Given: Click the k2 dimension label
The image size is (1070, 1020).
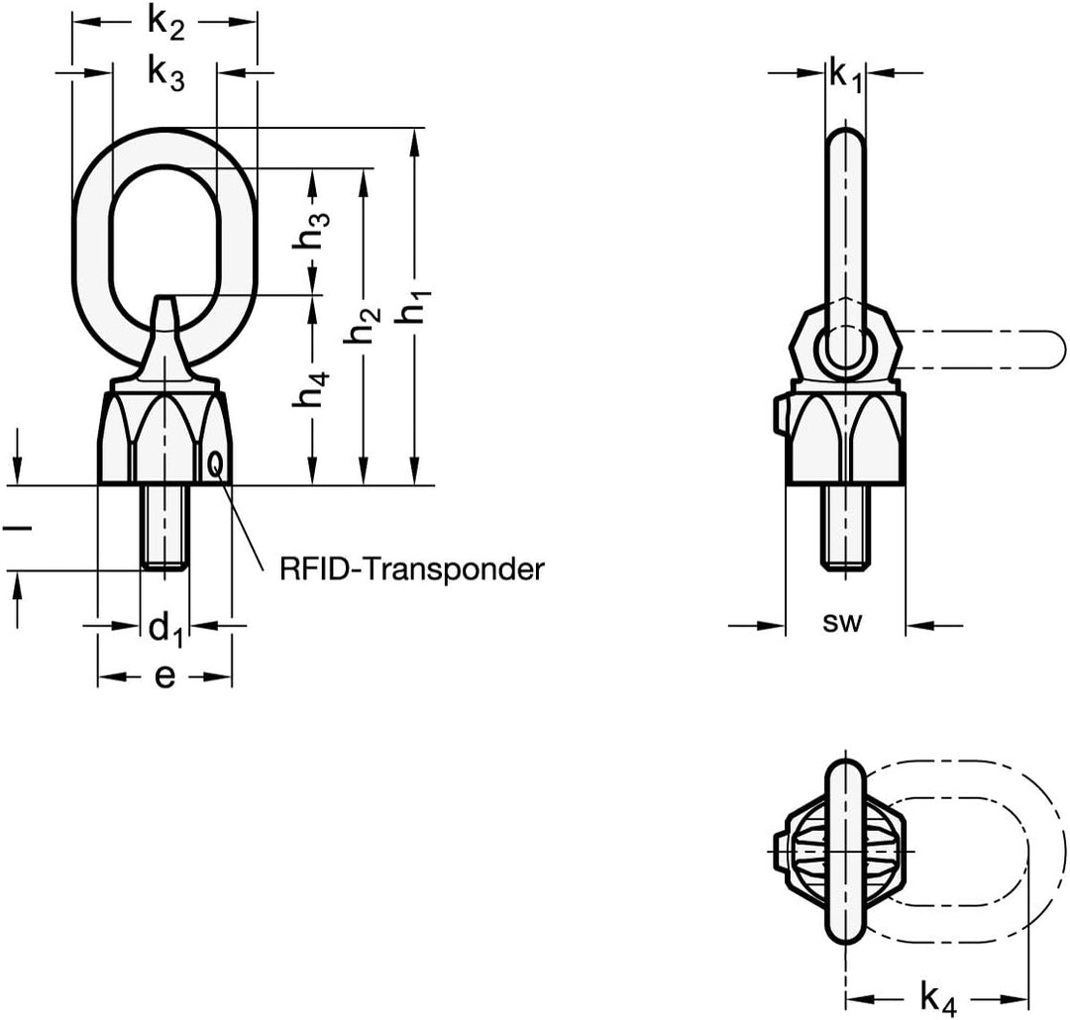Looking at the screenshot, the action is click(165, 24).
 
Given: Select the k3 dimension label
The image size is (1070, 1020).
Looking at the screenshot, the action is click(165, 73).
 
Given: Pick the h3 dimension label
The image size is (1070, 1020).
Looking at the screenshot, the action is click(311, 230).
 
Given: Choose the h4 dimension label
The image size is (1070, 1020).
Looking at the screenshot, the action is click(311, 389).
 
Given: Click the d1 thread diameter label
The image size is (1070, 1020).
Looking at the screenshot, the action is click(165, 629).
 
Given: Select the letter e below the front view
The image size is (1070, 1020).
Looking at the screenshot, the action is click(164, 676).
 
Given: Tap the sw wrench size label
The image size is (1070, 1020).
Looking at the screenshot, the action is click(842, 622).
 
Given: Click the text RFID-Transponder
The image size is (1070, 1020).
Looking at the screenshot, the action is click(411, 569).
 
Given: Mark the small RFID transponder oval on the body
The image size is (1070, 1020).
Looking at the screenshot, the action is click(215, 463).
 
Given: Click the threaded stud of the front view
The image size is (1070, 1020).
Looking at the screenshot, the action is click(165, 527).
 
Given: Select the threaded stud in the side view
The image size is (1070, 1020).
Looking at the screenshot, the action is click(845, 528).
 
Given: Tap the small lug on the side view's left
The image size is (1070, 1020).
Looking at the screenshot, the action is click(781, 417).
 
